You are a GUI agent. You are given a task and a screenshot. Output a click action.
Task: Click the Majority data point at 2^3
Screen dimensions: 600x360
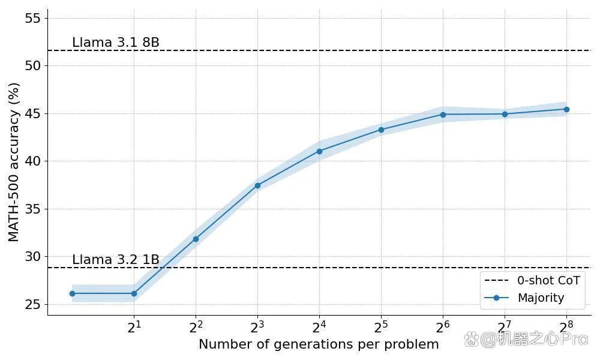(257, 185)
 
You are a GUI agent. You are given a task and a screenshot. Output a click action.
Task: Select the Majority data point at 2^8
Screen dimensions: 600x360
(567, 109)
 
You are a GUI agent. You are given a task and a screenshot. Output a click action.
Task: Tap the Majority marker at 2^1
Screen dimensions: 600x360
(134, 294)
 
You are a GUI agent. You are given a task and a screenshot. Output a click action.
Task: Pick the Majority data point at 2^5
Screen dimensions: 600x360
(381, 130)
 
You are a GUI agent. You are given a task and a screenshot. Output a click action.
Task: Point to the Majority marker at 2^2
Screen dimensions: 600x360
(196, 239)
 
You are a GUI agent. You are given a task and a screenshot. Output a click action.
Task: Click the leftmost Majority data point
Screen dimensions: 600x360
(73, 294)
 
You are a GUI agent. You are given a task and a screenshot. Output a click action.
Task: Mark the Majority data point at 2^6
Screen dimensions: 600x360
(443, 115)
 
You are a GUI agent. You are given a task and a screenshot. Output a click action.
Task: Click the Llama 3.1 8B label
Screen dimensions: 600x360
(116, 43)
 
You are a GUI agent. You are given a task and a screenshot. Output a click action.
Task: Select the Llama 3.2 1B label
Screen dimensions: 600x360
(116, 260)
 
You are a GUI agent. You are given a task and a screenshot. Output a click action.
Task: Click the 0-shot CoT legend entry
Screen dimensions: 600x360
(532, 280)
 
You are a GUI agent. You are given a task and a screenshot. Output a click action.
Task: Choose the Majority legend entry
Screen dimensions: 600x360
(524, 298)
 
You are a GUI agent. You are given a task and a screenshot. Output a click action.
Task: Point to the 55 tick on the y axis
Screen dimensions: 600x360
(32, 18)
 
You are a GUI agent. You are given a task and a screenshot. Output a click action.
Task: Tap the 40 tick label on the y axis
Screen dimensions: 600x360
(32, 161)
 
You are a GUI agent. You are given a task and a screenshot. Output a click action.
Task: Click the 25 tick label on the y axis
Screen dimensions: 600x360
(32, 305)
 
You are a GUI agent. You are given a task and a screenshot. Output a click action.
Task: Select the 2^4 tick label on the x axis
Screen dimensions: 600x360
(319, 327)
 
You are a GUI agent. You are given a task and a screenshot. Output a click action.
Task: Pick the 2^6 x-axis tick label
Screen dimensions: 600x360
(443, 327)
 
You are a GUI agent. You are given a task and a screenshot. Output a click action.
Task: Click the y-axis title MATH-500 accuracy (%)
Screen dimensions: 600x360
(14, 163)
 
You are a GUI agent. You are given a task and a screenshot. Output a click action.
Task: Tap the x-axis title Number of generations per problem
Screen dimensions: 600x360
(319, 344)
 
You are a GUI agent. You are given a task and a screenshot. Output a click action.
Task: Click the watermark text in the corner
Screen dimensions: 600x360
(526, 339)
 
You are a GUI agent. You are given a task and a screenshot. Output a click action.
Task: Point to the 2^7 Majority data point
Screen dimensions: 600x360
(505, 114)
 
